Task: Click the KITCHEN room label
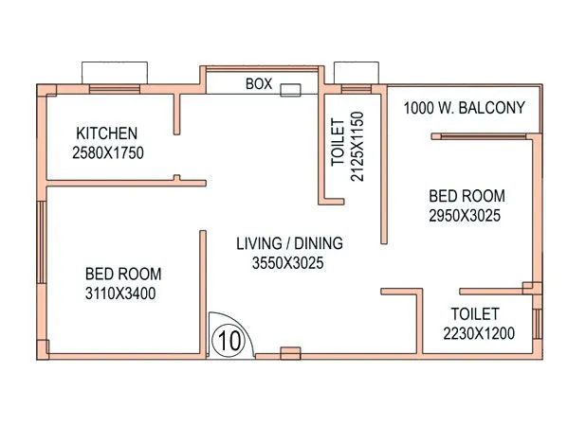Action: (108, 133)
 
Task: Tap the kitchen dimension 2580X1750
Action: (108, 151)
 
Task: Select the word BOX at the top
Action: (259, 84)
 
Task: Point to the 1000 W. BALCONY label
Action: (464, 108)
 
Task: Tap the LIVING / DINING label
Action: (289, 243)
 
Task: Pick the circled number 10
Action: (228, 338)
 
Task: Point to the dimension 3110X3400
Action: (120, 293)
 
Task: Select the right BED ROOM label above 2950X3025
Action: (467, 196)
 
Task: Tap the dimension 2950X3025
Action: (465, 216)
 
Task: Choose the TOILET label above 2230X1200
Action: (474, 313)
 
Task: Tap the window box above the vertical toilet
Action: (356, 74)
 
